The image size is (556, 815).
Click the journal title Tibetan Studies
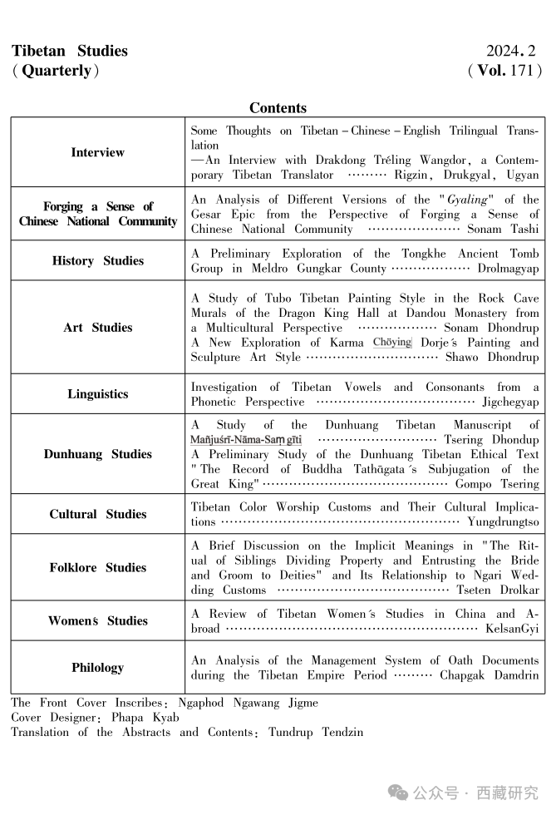coord(70,51)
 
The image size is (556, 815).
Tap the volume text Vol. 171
coord(505,71)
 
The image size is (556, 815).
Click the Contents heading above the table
coord(278,108)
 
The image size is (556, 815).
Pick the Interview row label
coord(97,152)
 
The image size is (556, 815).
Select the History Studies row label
coord(97,260)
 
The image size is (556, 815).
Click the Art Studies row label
coord(97,327)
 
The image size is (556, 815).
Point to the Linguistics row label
coord(97,393)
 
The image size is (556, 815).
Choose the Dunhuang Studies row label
coord(97,454)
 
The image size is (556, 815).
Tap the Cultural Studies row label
coord(97,513)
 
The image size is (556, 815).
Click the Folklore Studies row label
coord(97,567)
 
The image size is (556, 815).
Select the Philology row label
coord(97,667)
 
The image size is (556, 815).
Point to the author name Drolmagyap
coord(508,269)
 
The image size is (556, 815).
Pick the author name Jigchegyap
coord(510,402)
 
